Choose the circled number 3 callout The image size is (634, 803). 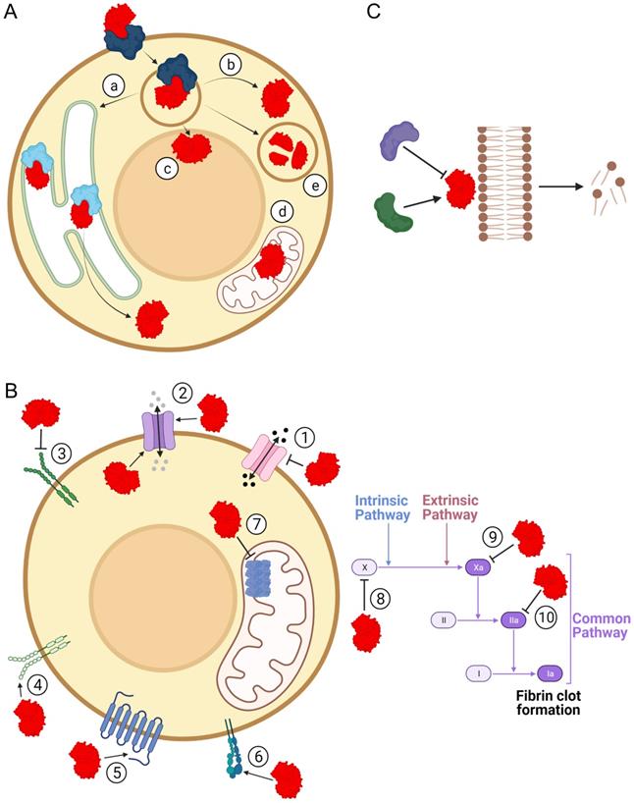click(x=61, y=455)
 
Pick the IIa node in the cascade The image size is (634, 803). click(x=513, y=620)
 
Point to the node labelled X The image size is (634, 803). click(x=364, y=566)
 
